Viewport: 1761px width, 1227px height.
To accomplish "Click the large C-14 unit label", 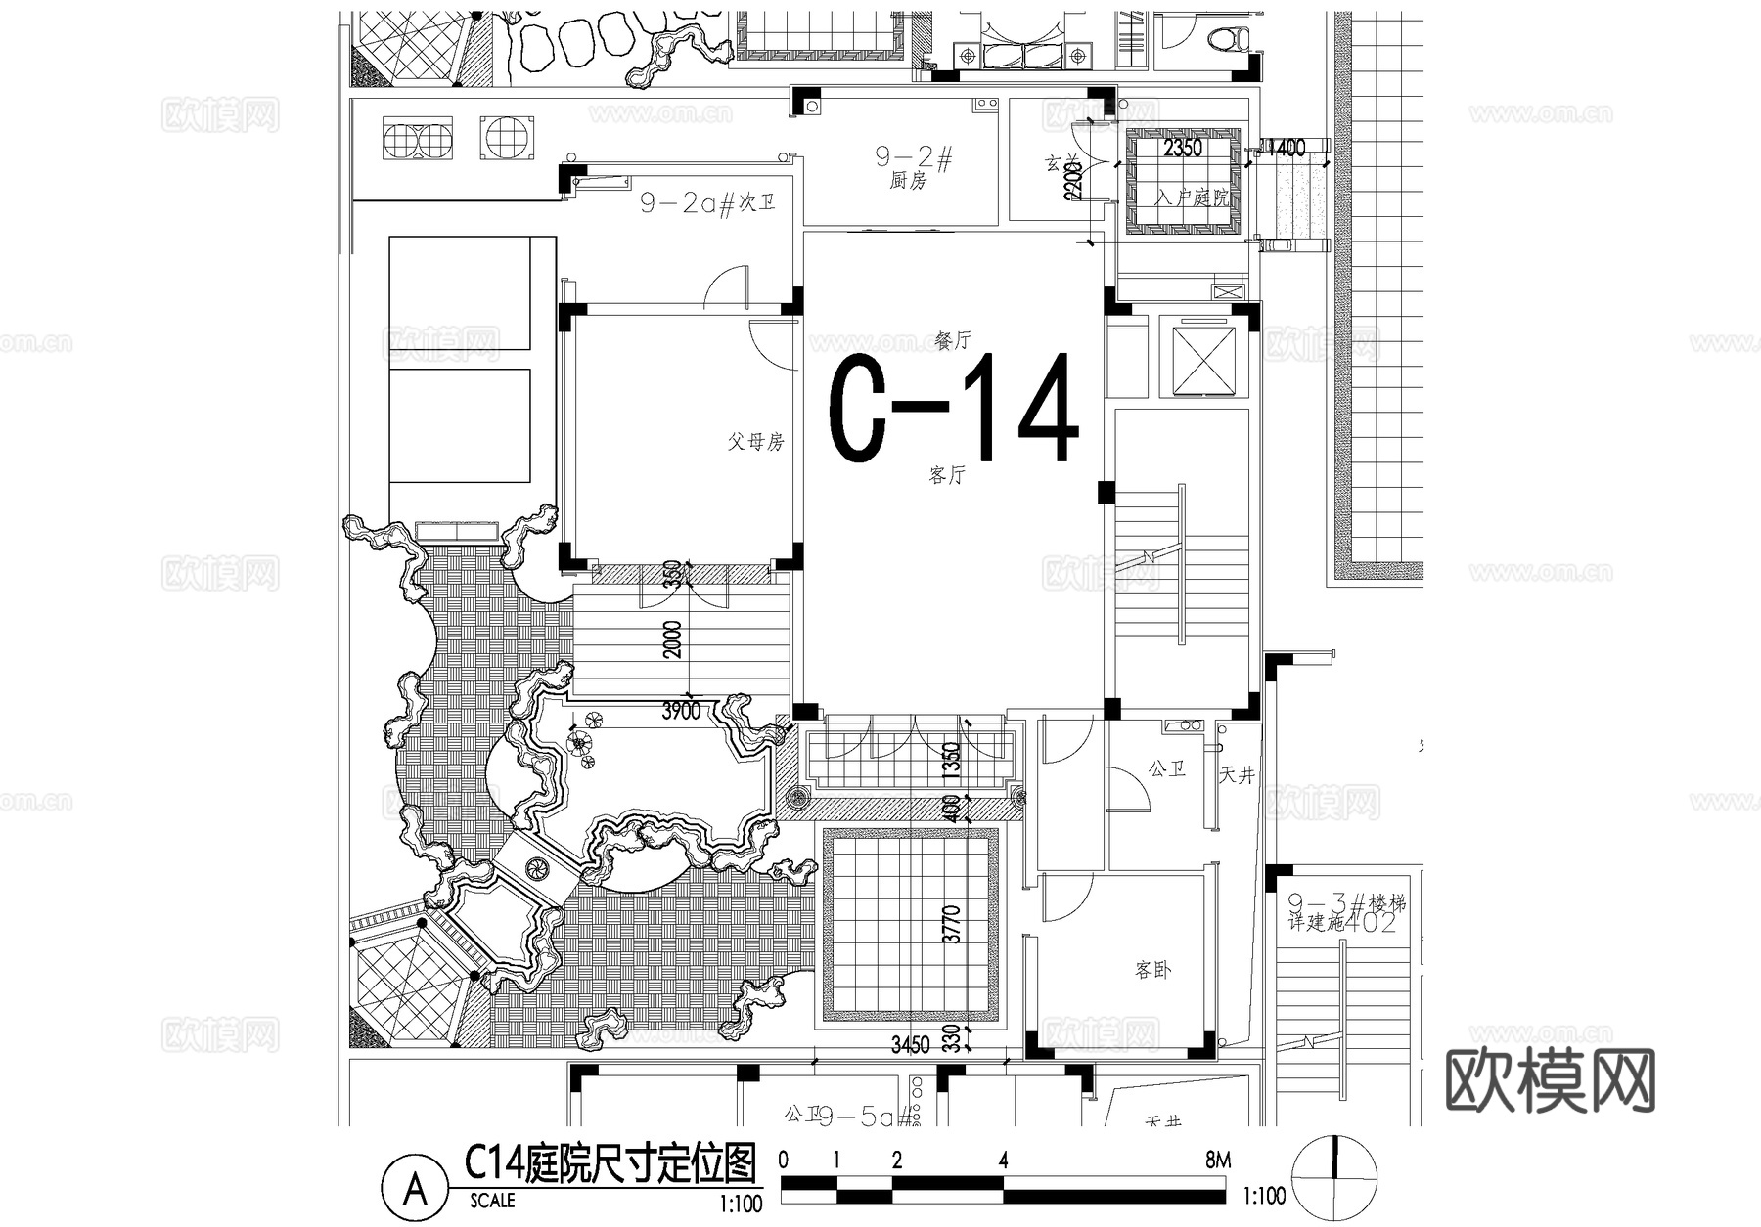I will [954, 409].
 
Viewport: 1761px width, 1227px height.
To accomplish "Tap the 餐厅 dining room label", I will [953, 341].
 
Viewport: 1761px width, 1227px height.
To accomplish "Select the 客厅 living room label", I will [947, 476].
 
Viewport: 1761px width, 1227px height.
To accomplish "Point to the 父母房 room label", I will [755, 442].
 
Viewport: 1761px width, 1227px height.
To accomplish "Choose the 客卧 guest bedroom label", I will [1153, 970].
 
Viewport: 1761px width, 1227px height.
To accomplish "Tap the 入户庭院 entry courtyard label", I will [1192, 197].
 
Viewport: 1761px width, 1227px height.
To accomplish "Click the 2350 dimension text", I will [1182, 149].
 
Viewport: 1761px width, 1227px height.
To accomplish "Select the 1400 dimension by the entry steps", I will [1286, 149].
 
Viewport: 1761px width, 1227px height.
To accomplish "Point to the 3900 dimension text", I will [681, 711].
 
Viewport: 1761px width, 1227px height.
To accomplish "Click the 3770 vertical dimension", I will [952, 924].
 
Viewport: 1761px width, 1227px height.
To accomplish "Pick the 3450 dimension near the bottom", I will [910, 1045].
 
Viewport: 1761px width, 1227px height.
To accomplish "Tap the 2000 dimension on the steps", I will [674, 638].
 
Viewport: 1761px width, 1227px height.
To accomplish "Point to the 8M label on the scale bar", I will [1218, 1161].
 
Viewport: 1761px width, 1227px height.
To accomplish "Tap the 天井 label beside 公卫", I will [1237, 775].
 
